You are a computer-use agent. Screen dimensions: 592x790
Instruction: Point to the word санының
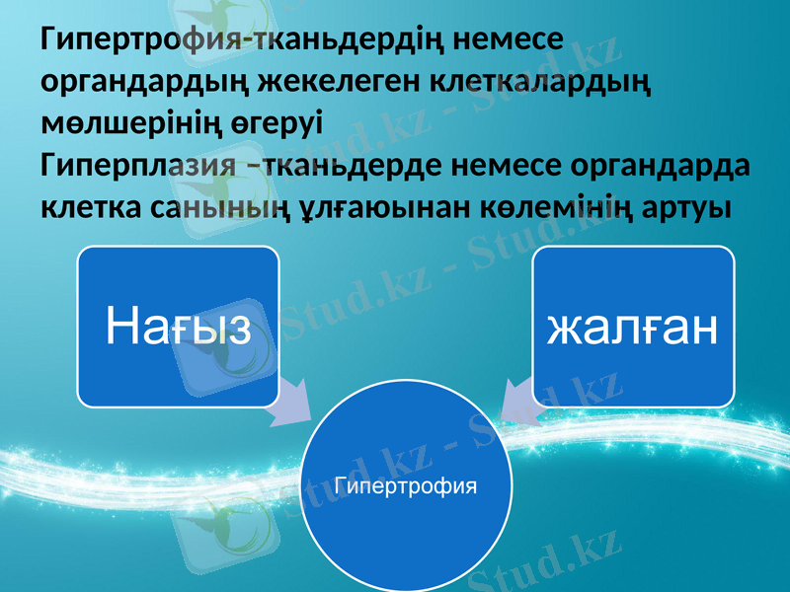point(225,208)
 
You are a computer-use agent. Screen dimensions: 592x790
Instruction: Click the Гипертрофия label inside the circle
point(406,485)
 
